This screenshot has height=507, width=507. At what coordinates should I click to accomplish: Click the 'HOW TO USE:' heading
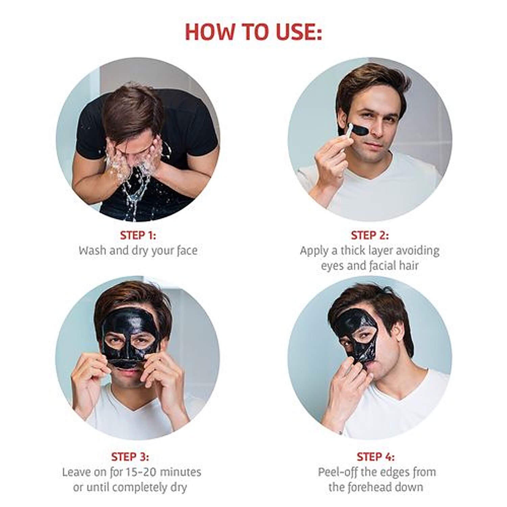254,32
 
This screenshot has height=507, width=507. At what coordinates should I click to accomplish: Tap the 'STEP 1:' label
138,235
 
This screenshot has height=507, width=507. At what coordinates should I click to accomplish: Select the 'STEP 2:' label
370,235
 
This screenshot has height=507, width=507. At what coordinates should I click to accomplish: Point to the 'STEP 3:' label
130,457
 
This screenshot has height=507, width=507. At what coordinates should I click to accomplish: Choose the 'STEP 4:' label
376,457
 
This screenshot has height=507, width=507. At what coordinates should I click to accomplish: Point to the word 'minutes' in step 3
180,472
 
